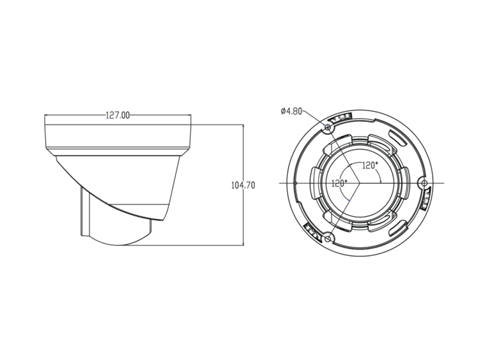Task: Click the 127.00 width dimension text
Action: tap(118, 115)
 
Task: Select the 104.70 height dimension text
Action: tap(243, 186)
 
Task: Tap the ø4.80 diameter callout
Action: tap(291, 112)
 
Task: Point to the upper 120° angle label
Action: tap(370, 166)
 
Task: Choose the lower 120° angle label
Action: tap(339, 183)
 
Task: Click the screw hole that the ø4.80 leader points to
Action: tap(327, 127)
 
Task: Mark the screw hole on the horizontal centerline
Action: tap(424, 183)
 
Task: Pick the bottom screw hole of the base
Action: tap(327, 239)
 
